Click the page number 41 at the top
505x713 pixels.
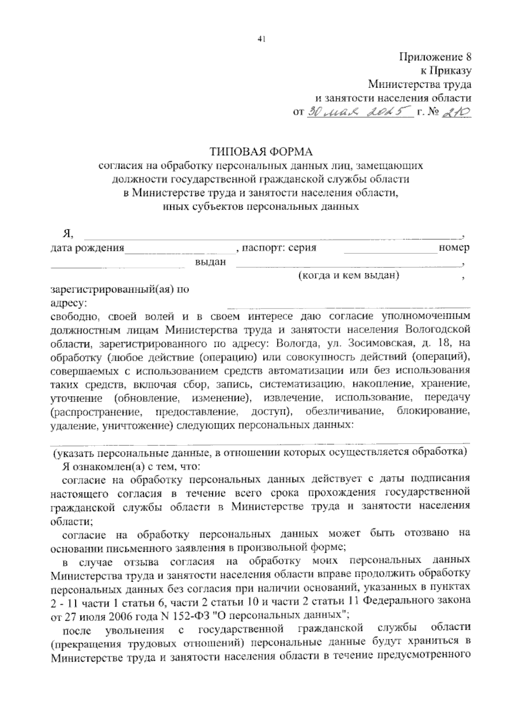261,40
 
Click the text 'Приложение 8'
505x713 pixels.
435,57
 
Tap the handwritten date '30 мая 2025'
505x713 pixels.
359,112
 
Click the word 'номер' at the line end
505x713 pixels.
454,248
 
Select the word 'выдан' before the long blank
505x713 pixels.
210,262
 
